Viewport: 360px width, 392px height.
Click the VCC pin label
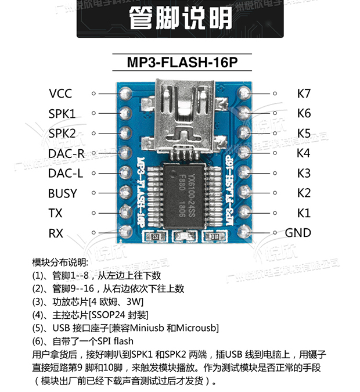pos(60,93)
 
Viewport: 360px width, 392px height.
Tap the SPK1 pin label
pos(62,113)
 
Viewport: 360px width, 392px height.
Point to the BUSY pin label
pos(63,193)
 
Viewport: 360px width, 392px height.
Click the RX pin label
pos(56,233)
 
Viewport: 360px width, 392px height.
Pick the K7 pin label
pos(304,93)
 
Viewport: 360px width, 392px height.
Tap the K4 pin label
pos(304,153)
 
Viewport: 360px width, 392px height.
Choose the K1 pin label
pos(304,213)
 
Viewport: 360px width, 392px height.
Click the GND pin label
pos(298,233)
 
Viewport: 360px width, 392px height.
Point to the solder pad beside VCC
pos(125,93)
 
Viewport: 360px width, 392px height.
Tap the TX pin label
pos(56,213)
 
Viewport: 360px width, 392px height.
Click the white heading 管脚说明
pos(179,19)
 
